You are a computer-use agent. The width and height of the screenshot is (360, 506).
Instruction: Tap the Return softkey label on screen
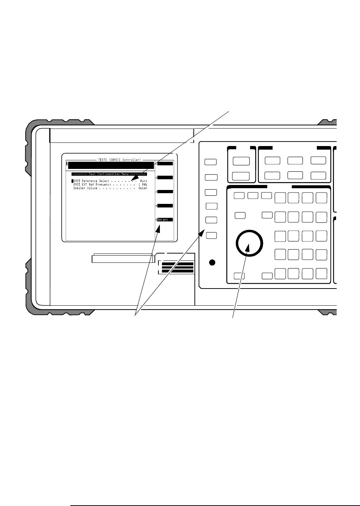[x=165, y=220]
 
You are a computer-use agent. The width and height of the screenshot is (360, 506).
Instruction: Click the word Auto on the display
[x=143, y=181]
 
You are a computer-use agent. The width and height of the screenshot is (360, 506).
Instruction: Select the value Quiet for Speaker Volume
[x=143, y=188]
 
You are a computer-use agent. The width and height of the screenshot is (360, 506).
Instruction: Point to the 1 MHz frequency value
[x=143, y=185]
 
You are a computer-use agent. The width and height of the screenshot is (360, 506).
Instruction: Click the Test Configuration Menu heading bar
[x=108, y=174]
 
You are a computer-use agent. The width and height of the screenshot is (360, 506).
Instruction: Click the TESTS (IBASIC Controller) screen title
[x=120, y=160]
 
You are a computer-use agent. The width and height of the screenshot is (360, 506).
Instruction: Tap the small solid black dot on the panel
[x=212, y=263]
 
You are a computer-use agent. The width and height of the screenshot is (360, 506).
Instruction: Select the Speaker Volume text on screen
[x=85, y=188]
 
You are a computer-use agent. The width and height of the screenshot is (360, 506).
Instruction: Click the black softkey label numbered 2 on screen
[x=165, y=177]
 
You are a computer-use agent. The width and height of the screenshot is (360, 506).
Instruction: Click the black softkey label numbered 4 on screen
[x=165, y=206]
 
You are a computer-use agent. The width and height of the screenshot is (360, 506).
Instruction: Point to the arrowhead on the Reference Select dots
[x=134, y=179]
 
